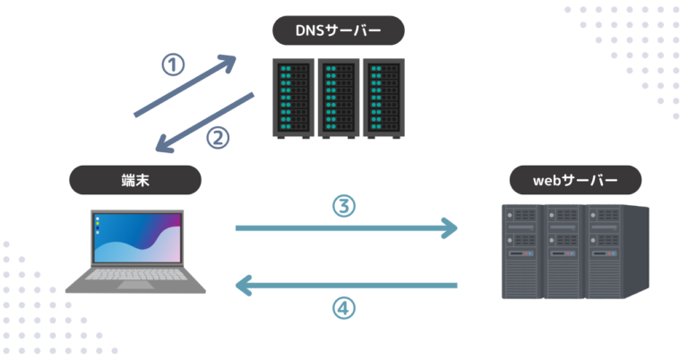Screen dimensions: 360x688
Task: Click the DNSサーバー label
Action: click(338, 31)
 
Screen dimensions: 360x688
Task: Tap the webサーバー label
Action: click(575, 180)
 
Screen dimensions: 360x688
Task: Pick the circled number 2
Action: click(219, 137)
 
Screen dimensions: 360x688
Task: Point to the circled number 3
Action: click(344, 206)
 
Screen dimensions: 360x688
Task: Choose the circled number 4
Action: click(344, 308)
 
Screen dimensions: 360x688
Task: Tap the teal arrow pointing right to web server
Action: click(346, 228)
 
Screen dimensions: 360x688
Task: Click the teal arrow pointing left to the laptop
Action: click(346, 286)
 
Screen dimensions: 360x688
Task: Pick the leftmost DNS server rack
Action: click(293, 98)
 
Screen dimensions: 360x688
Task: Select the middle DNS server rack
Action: click(338, 98)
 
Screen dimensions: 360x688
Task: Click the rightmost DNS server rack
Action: click(382, 98)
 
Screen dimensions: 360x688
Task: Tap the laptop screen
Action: click(136, 239)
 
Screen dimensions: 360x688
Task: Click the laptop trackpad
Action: click(135, 285)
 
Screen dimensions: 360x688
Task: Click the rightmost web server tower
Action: click(615, 251)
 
